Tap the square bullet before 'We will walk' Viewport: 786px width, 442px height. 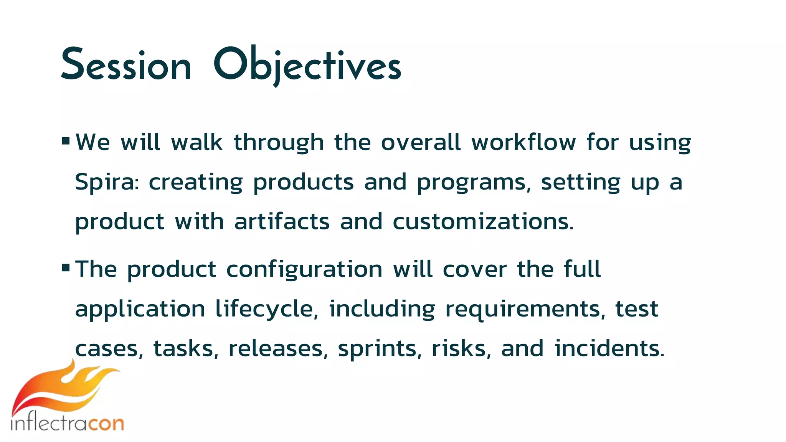click(66, 141)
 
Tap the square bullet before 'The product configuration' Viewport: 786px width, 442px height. click(66, 267)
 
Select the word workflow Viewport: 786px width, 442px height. click(523, 142)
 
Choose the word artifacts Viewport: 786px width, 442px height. click(282, 222)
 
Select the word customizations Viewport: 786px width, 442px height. click(483, 222)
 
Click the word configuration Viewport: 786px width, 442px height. click(304, 270)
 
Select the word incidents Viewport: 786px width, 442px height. click(609, 349)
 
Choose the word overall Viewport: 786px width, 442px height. click(421, 142)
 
